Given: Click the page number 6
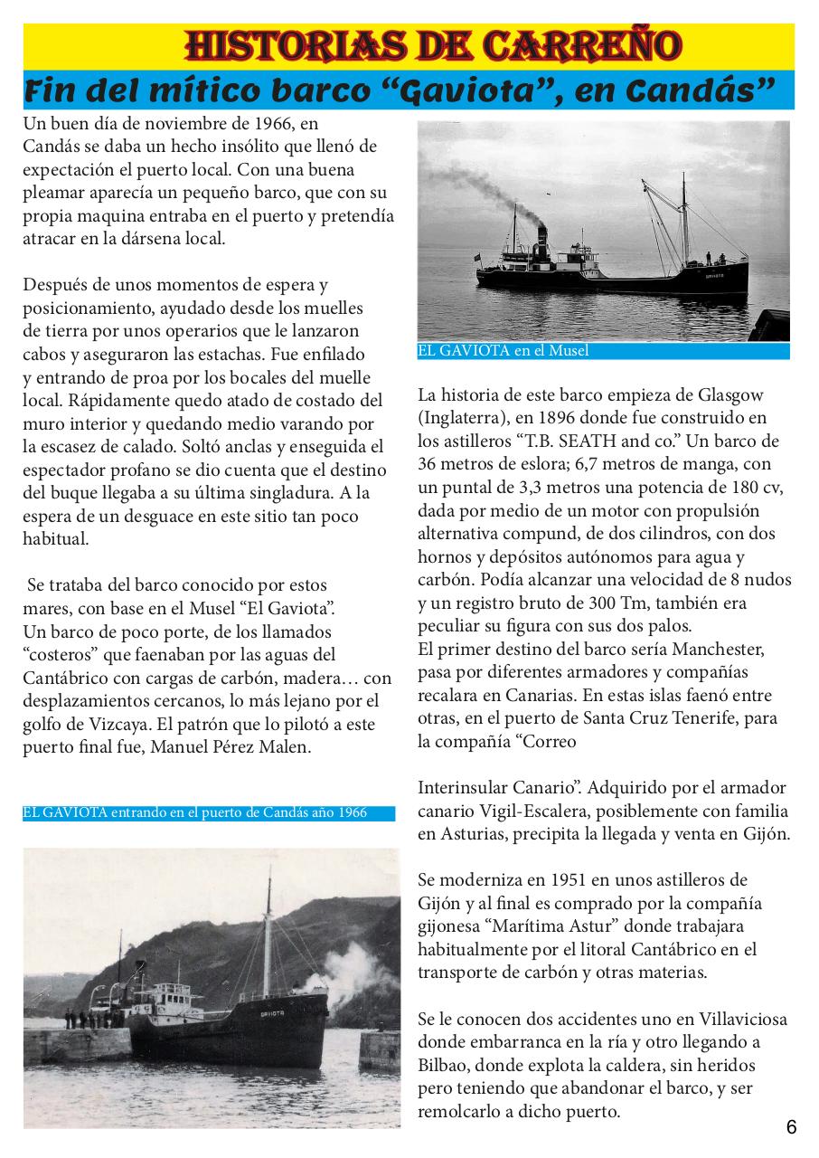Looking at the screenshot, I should click(791, 1127).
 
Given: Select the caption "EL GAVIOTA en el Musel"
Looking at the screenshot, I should click(503, 351).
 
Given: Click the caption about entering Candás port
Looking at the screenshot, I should click(194, 812).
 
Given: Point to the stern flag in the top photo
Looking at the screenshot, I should click(477, 257).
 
